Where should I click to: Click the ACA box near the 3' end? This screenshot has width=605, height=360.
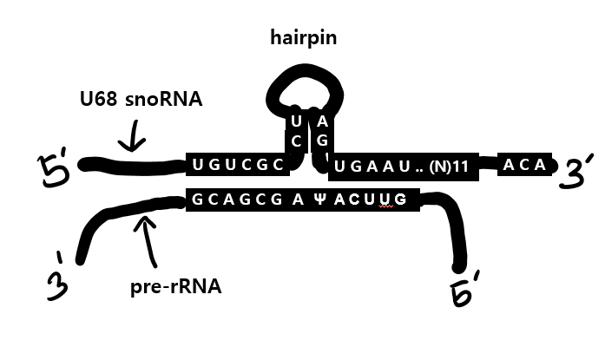[x=526, y=163]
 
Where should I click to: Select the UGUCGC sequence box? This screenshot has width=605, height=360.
[x=235, y=164]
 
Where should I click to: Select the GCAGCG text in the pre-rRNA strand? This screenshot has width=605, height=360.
[x=229, y=200]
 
